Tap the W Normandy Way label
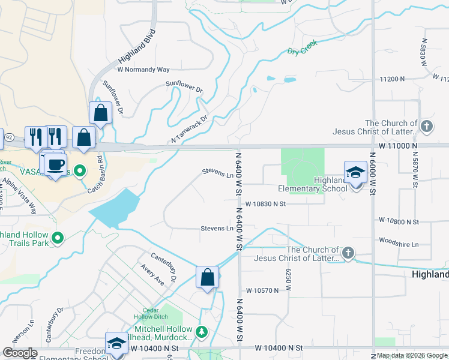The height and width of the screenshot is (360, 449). (x=143, y=70)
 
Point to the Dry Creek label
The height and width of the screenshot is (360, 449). (x=301, y=52)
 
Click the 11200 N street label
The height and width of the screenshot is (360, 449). (x=393, y=79)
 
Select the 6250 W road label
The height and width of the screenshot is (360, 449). (x=288, y=280)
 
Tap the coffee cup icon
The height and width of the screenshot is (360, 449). (x=56, y=163)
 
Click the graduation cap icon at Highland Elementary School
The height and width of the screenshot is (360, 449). (x=355, y=172)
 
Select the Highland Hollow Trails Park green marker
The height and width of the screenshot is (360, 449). (x=58, y=239)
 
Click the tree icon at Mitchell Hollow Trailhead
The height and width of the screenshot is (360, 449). (x=202, y=331)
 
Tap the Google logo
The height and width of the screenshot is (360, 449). (x=20, y=353)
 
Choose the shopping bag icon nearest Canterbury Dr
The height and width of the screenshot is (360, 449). (x=207, y=277)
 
